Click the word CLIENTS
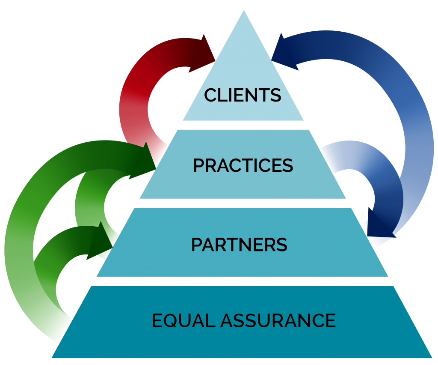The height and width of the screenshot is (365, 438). pos(243,95)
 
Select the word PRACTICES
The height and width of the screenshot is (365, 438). pos(243,166)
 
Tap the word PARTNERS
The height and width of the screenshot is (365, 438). pos(239,245)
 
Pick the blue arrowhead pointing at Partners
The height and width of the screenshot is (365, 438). pos(378,223)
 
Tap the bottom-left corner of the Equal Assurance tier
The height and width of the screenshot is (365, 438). pos(52,356)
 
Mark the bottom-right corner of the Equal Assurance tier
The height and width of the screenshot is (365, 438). pos(431,356)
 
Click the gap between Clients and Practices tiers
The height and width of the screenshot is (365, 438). pos(243,125)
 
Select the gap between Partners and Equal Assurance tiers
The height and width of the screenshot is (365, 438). pos(243,281)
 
